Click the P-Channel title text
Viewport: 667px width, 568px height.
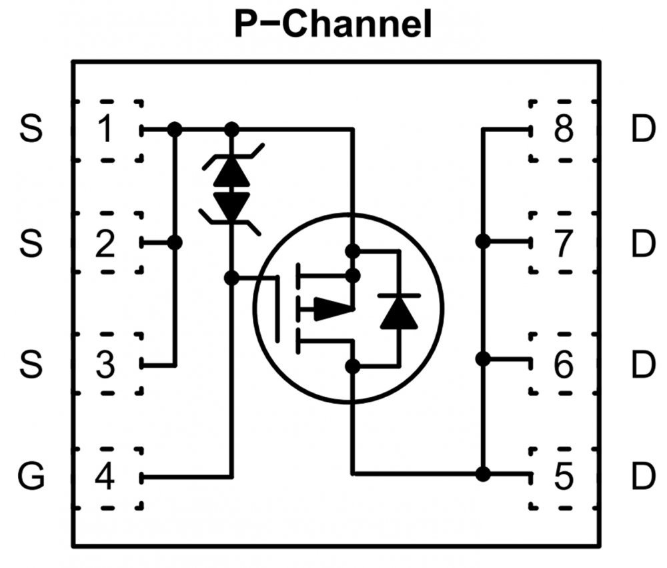333,25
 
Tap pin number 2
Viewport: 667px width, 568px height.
105,243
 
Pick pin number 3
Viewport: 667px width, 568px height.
105,364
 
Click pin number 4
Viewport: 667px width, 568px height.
105,477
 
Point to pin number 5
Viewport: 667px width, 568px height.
564,477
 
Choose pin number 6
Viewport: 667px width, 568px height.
564,364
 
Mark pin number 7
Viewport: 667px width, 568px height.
564,243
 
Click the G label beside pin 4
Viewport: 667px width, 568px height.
31,477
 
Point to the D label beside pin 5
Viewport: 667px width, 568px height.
642,477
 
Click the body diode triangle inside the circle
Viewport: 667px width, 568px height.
399,312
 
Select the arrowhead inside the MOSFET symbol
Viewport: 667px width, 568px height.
331,308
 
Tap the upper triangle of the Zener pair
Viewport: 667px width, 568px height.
231,172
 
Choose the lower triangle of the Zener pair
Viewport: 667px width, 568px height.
231,206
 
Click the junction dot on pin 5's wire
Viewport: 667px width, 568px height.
483,474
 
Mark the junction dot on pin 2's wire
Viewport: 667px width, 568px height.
175,242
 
